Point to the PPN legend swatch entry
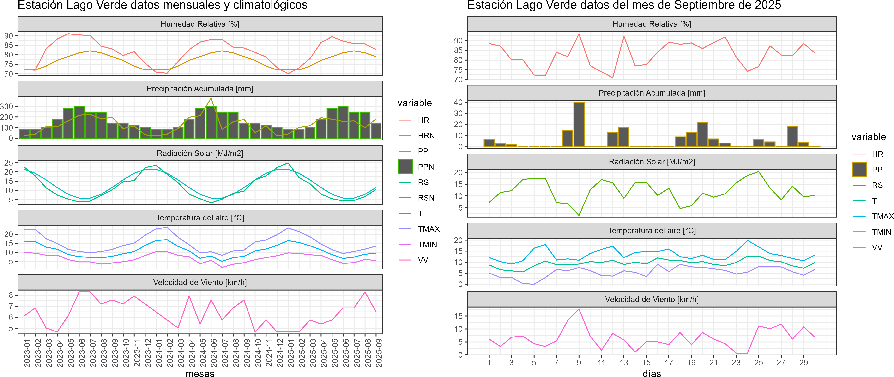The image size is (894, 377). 405,167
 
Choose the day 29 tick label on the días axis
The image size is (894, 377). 803,362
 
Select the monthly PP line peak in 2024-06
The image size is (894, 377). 211,98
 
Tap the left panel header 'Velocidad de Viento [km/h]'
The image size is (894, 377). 200,282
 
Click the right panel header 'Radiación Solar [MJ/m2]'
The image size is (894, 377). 652,162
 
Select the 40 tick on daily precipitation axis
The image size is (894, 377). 458,102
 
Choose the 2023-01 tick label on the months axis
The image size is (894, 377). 27,353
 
